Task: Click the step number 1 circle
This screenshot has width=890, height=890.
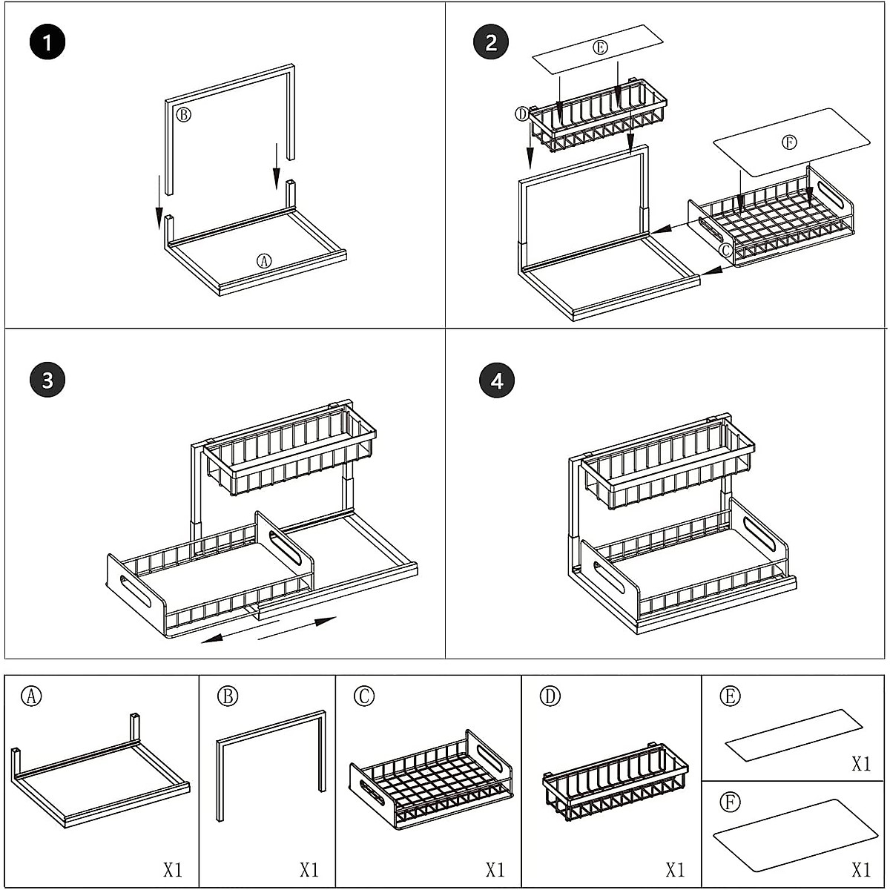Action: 47,42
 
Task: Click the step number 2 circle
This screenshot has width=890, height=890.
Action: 491,42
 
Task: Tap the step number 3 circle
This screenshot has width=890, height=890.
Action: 47,380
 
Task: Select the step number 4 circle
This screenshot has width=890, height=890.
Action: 497,380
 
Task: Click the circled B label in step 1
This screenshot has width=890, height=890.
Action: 183,114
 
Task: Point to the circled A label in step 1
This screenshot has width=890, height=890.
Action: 264,260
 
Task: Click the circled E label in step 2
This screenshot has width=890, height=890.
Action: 601,47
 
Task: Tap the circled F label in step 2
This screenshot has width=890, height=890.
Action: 789,143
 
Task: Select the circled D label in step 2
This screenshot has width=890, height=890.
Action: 522,113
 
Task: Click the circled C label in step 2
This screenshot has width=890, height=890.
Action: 726,250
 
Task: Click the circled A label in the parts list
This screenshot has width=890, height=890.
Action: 31,696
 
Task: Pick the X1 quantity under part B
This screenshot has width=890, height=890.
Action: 309,869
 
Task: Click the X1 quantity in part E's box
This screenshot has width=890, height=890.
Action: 861,764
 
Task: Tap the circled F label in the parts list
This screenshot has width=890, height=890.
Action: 730,802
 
